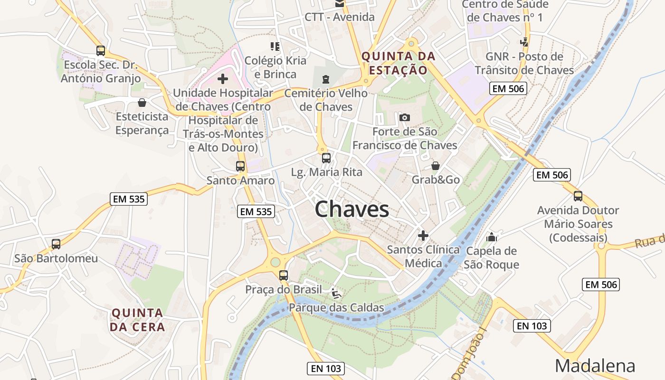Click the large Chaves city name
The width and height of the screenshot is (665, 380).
click(x=351, y=209)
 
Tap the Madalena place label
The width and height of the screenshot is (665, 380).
click(x=595, y=366)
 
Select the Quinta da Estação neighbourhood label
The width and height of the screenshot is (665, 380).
click(x=399, y=63)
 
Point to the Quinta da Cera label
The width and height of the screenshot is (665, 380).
click(x=137, y=320)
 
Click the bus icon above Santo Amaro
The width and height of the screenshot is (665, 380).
click(x=240, y=166)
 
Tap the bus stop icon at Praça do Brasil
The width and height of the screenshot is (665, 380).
click(x=284, y=275)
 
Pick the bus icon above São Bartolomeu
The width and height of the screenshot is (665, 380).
click(x=56, y=244)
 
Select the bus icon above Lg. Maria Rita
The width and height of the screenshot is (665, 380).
click(x=326, y=158)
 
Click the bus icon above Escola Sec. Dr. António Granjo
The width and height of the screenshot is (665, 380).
click(x=100, y=51)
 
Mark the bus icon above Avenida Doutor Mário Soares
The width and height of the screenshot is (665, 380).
click(x=578, y=196)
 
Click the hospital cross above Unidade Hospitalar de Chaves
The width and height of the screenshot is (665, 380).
click(x=222, y=78)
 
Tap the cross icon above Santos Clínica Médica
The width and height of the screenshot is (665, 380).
click(x=423, y=235)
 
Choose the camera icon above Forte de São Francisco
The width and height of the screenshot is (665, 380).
click(x=405, y=117)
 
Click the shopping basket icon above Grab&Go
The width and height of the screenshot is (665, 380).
click(x=435, y=166)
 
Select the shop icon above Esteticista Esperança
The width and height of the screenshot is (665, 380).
click(x=142, y=103)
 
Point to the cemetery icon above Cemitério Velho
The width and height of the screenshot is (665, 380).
click(x=325, y=79)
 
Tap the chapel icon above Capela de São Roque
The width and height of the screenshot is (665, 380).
click(x=492, y=237)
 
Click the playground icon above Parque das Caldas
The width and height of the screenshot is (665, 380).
click(x=336, y=293)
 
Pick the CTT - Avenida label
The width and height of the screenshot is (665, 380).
click(x=340, y=17)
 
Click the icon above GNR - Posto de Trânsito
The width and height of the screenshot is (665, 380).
click(x=524, y=42)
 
